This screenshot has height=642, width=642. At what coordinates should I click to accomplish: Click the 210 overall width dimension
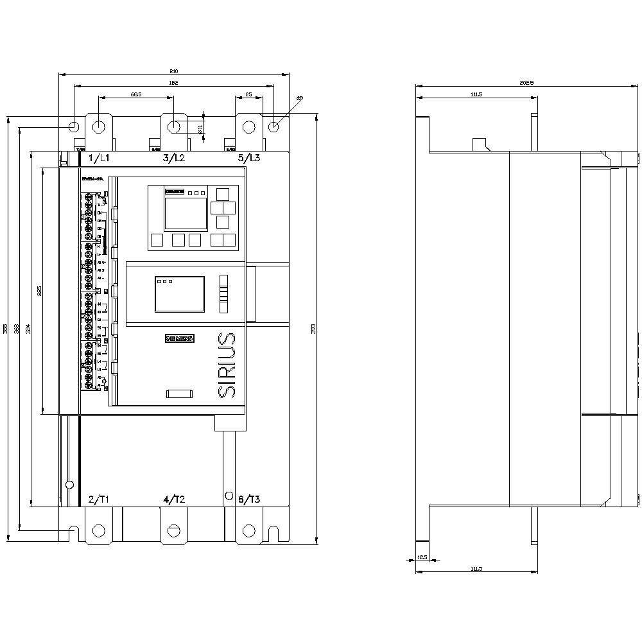pyautogui.click(x=173, y=71)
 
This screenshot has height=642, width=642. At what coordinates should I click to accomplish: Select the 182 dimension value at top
pyautogui.click(x=173, y=83)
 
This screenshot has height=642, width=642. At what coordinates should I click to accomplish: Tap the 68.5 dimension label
pyautogui.click(x=135, y=94)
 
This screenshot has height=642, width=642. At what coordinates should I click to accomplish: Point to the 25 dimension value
pyautogui.click(x=248, y=94)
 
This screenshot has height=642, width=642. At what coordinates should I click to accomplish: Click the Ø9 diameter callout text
pyautogui.click(x=300, y=98)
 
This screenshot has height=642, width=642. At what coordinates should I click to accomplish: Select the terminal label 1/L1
pyautogui.click(x=100, y=158)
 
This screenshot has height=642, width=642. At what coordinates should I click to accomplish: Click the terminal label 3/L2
pyautogui.click(x=174, y=158)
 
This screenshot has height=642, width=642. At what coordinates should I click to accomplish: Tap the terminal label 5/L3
pyautogui.click(x=249, y=158)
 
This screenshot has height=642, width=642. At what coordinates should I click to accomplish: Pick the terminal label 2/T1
pyautogui.click(x=100, y=499)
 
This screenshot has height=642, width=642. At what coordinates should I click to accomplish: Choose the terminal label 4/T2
pyautogui.click(x=174, y=499)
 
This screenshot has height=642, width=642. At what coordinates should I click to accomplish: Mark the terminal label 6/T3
pyautogui.click(x=249, y=499)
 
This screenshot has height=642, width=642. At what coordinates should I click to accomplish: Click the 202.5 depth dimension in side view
pyautogui.click(x=527, y=83)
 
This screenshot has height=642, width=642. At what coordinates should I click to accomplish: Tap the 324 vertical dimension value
pyautogui.click(x=27, y=329)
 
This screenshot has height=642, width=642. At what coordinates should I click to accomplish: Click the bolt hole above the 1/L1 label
pyautogui.click(x=98, y=126)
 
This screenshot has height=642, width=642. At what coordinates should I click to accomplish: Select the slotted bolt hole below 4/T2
pyautogui.click(x=173, y=530)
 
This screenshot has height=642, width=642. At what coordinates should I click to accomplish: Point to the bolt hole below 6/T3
pyautogui.click(x=248, y=530)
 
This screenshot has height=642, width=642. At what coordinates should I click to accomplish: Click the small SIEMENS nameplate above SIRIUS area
pyautogui.click(x=179, y=338)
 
